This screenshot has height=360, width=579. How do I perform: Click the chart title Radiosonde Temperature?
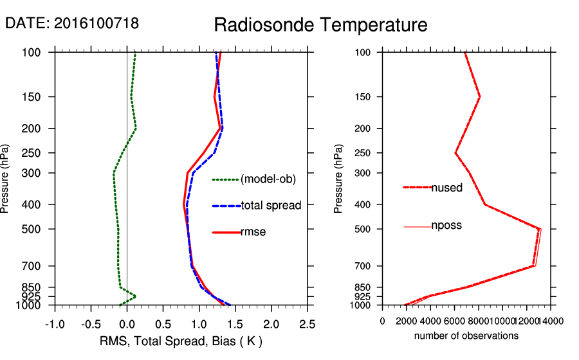tap(320, 26)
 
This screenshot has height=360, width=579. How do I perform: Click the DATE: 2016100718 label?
tap(72, 24)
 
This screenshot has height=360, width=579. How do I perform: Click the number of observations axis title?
tap(466, 336)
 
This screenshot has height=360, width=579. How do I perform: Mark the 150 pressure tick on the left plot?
tap(39, 97)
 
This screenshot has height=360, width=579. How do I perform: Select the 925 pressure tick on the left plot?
tap(39, 296)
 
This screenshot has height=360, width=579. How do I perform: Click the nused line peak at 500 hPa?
tap(539, 228)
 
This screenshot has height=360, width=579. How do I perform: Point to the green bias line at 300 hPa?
tap(114, 173)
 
